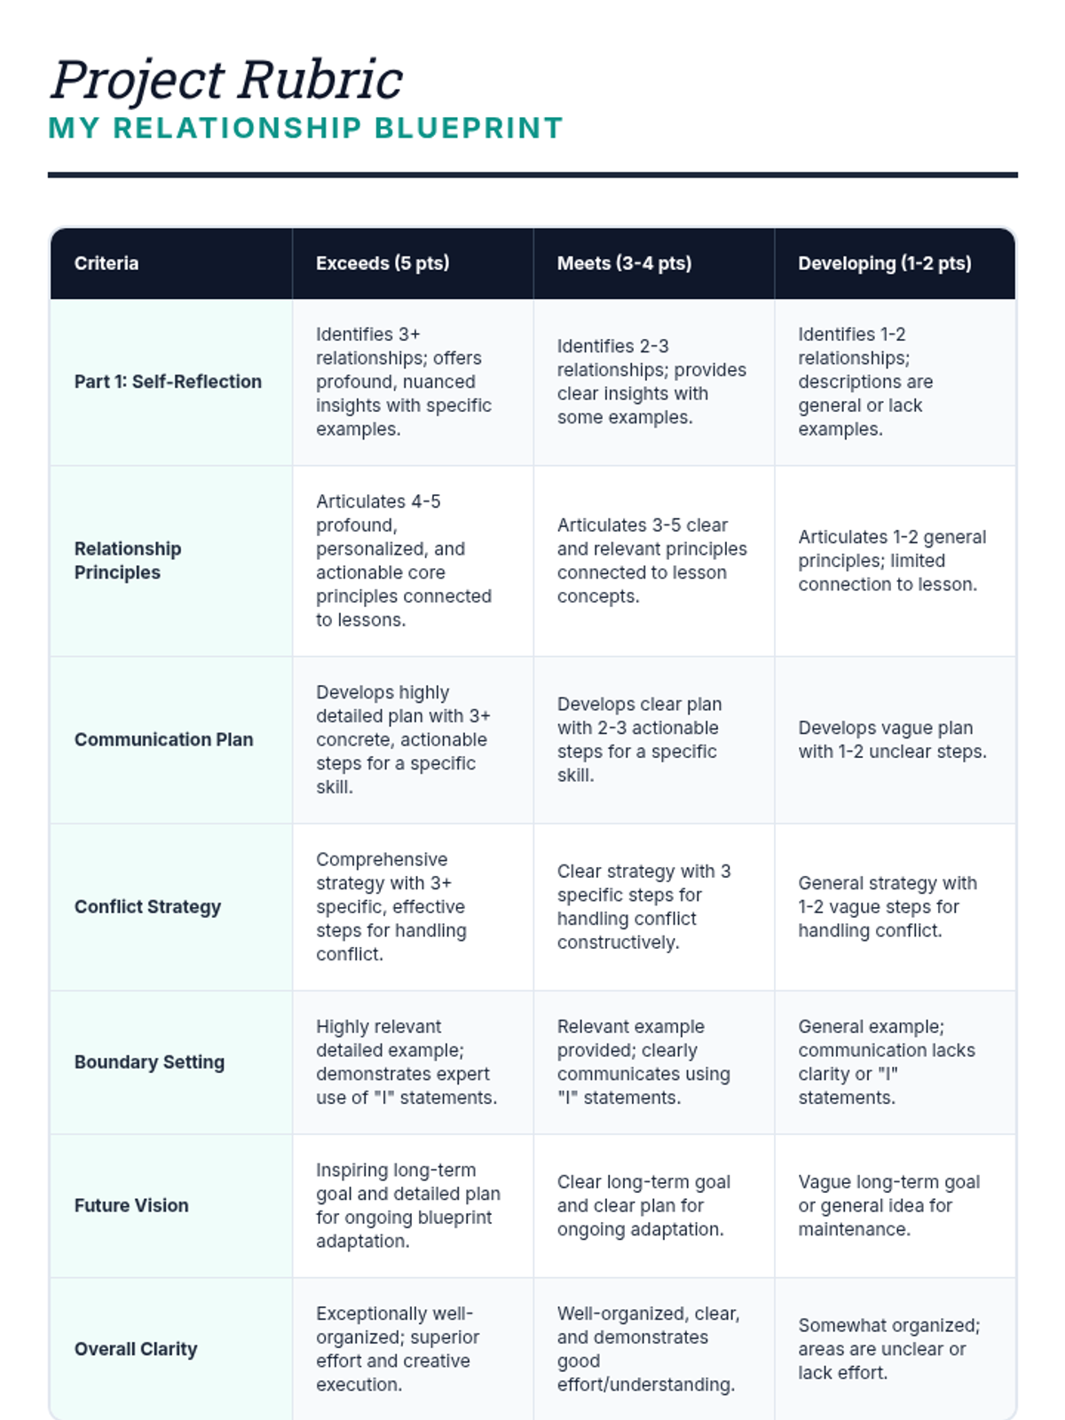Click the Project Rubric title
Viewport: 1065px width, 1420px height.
click(227, 80)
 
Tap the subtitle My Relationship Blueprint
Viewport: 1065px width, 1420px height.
click(305, 128)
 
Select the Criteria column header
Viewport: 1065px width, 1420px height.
click(106, 264)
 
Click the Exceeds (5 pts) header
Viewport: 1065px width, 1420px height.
click(383, 264)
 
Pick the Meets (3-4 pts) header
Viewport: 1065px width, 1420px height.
click(624, 264)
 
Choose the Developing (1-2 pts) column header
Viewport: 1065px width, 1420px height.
click(884, 264)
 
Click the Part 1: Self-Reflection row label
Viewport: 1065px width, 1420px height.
click(168, 382)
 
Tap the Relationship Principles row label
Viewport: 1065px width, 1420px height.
click(128, 560)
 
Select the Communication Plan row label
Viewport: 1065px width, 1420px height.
click(163, 739)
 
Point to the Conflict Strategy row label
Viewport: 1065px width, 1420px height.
click(147, 906)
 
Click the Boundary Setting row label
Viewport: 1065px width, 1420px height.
click(149, 1061)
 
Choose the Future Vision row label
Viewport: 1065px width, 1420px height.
click(131, 1205)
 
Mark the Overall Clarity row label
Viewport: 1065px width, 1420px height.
click(136, 1349)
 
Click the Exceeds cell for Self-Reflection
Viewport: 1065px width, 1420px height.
click(404, 382)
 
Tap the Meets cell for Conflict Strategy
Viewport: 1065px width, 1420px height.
click(643, 906)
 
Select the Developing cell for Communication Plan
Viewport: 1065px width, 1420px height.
click(892, 739)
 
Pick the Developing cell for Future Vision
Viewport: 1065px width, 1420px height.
click(888, 1205)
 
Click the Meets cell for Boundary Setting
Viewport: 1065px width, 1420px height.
click(643, 1061)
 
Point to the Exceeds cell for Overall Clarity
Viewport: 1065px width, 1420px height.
click(398, 1349)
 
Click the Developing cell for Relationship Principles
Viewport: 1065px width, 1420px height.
click(892, 560)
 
